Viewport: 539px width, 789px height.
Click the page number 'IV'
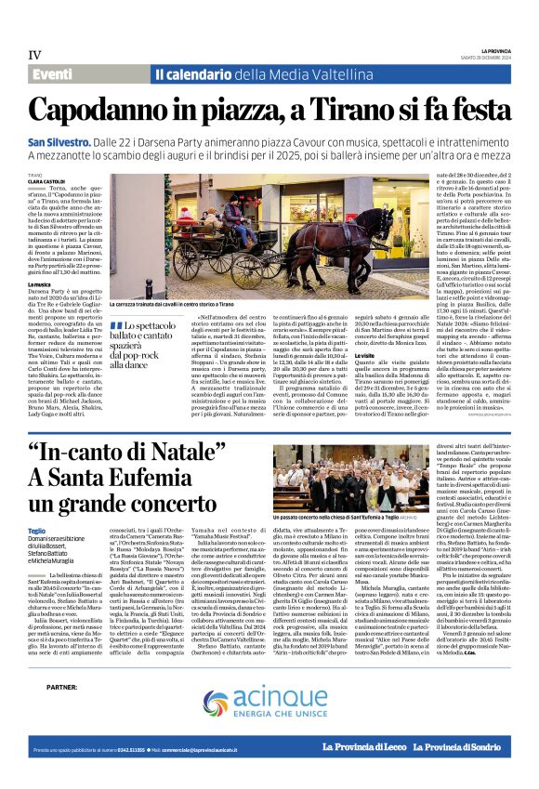click(34, 55)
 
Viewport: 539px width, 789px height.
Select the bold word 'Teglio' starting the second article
click(36, 531)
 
